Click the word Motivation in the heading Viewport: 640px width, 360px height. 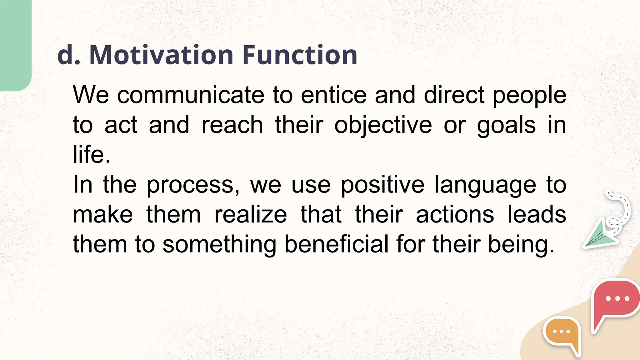pos(161,55)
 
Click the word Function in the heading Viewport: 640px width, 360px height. pos(300,55)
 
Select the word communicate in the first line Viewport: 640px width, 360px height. pos(191,95)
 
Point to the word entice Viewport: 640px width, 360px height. pos(333,95)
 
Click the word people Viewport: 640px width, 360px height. pos(529,96)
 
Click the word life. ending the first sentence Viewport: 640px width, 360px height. pos(91,154)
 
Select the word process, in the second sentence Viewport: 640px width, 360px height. pos(193,185)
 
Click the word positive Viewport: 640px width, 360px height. pos(382,185)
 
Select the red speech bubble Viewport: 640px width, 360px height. pos(615,302)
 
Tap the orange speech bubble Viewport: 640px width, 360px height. pos(562,333)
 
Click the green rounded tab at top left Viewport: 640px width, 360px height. pos(15,44)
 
